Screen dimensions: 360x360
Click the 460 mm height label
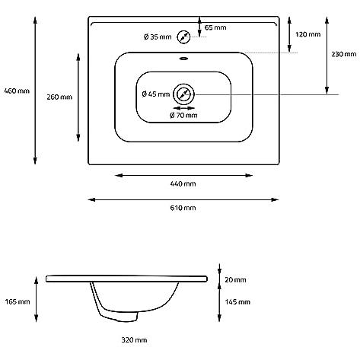17,91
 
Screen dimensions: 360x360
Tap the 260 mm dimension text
59,97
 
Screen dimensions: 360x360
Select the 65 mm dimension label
215,27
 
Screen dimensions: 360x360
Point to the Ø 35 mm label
158,37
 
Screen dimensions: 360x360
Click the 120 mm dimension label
308,34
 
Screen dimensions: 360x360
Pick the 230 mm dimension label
344,54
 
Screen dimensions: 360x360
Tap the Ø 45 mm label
156,94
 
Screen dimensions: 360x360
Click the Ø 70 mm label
183,116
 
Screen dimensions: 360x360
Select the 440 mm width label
183,183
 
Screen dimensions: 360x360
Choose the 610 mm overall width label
183,208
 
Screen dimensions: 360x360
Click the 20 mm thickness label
235,280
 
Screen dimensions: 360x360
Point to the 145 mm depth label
237,302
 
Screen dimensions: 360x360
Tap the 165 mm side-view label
18,301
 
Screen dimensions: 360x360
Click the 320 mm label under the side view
134,340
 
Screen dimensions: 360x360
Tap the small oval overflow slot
183,59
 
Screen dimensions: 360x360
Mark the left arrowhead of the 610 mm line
91,200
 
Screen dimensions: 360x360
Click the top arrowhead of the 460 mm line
35,21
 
